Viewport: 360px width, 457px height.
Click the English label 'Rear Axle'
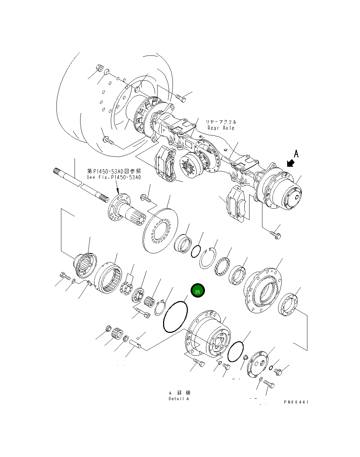pos(221,128)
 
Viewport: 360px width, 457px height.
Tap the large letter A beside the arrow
pos(296,153)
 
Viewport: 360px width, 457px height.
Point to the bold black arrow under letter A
pos(290,163)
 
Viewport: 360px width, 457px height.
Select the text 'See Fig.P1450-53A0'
pos(114,177)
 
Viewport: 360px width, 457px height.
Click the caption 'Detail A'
pos(178,399)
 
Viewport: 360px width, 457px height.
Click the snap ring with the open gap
pos(208,260)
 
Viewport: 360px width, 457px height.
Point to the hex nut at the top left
pos(98,67)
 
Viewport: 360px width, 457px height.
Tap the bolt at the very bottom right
pos(269,384)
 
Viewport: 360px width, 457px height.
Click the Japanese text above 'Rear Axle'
pos(221,122)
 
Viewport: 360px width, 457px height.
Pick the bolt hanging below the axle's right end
pos(276,235)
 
